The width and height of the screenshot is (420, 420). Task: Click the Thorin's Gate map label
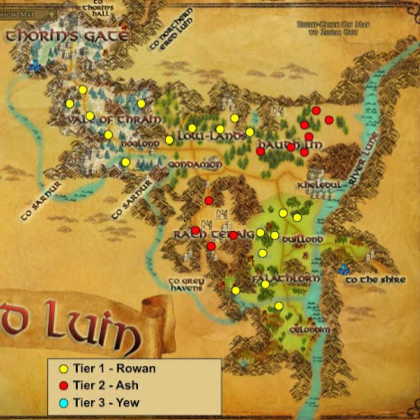[x=67, y=36]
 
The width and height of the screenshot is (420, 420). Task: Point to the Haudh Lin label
[x=289, y=145]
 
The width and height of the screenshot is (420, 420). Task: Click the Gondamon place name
[x=195, y=164]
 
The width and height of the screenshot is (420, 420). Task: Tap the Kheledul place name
[x=319, y=185]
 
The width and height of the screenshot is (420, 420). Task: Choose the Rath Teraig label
[x=213, y=235]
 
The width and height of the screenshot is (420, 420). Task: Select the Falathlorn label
[x=285, y=278]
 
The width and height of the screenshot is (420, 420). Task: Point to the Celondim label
[x=309, y=329]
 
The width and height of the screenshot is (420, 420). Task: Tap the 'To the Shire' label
[x=375, y=280]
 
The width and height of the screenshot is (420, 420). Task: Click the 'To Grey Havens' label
[x=186, y=284]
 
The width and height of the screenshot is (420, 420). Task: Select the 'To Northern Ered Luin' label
[x=171, y=29]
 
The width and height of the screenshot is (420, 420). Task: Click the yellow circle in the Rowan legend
[x=64, y=369]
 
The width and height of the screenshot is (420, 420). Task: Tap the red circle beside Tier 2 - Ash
[x=64, y=386]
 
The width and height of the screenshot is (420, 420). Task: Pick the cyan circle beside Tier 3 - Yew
[x=64, y=403]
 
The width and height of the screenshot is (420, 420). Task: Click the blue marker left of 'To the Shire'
[x=343, y=269]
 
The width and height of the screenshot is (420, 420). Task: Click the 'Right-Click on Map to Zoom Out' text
[x=333, y=28]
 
